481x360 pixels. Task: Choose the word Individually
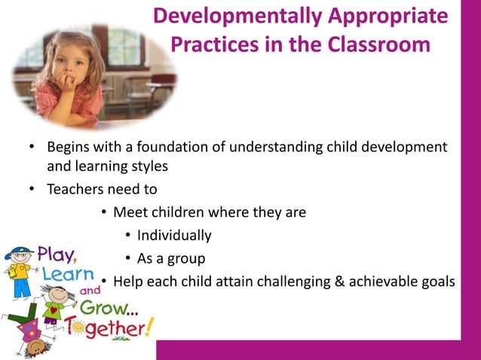(x=174, y=235)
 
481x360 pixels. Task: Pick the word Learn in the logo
(x=68, y=273)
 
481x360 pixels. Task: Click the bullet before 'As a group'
(x=128, y=259)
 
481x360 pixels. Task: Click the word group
(x=185, y=259)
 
